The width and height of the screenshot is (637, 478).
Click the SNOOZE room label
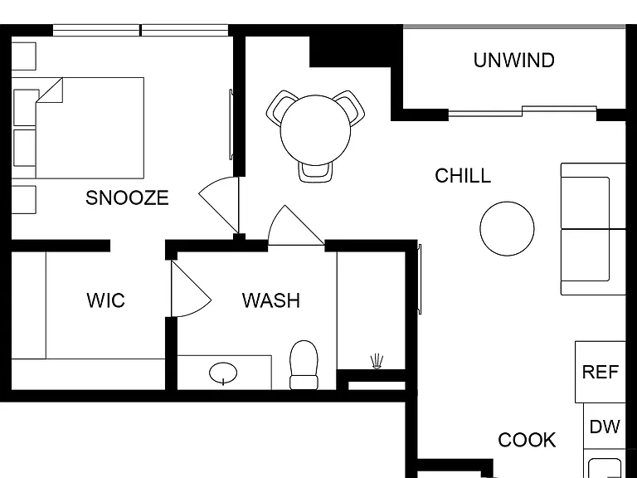[x=127, y=198]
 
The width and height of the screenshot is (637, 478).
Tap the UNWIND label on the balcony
[x=514, y=60]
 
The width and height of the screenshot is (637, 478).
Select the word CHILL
[x=463, y=176]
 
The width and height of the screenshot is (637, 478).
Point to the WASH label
[x=271, y=300]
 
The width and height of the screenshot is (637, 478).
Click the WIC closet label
[x=105, y=300]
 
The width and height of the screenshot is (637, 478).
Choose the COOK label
[x=527, y=440]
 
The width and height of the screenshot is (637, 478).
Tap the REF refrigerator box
[x=600, y=372]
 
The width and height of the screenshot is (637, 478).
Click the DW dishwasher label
[x=605, y=427]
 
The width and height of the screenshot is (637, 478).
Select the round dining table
[x=315, y=130]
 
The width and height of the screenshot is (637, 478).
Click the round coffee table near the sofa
[x=507, y=228]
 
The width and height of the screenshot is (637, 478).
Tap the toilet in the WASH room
[x=304, y=365]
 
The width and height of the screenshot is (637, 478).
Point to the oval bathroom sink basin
[x=223, y=372]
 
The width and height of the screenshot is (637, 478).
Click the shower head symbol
[x=377, y=361]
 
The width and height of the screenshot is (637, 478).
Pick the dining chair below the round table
[x=315, y=173]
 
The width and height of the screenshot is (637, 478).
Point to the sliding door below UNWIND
[x=523, y=111]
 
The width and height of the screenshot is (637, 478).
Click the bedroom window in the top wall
[x=140, y=30]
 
